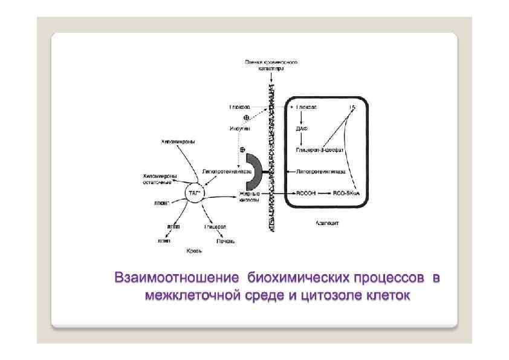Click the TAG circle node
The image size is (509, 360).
click(193, 193)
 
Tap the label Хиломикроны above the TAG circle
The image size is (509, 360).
click(178, 142)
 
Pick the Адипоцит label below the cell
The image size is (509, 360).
click(327, 223)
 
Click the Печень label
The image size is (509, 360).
click(227, 241)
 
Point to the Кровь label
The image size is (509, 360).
click(194, 249)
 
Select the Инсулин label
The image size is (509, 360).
click(239, 128)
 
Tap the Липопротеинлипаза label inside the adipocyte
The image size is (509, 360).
click(320, 171)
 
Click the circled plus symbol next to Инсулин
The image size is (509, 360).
click(246, 117)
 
